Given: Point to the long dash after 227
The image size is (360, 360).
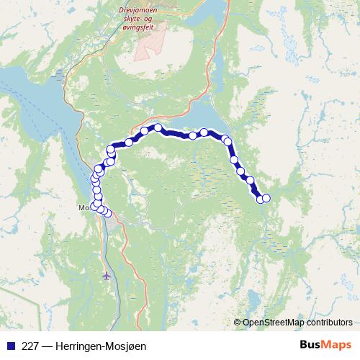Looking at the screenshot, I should [47, 346].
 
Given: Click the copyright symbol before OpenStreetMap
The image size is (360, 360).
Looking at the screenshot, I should [238, 323].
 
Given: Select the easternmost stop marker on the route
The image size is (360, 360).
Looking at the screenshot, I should [266, 198].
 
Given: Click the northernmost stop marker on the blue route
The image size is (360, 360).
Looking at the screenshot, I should [158, 127].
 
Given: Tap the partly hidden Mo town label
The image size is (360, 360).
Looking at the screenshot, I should [82, 209].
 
